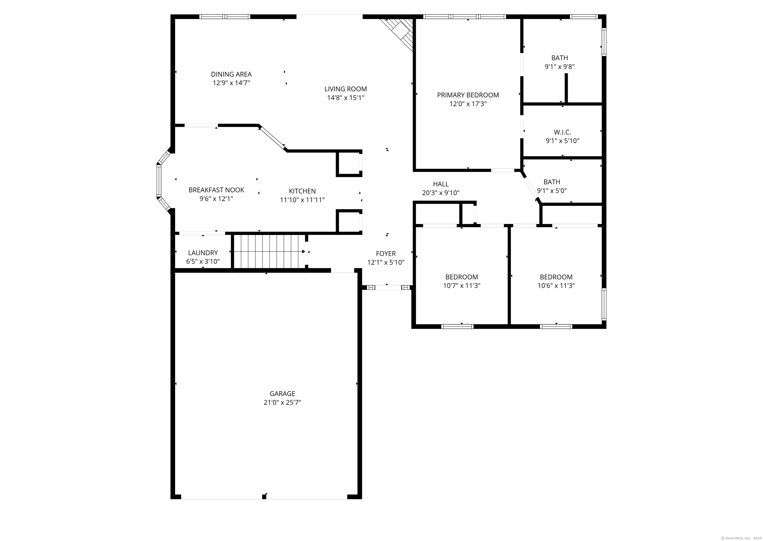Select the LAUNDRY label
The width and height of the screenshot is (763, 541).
[x=203, y=253]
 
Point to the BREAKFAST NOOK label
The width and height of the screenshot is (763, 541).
[x=216, y=190]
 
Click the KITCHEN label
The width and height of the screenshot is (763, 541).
[x=302, y=191]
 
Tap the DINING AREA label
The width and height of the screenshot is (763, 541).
[x=231, y=74]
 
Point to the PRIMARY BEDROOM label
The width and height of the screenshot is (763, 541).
[x=468, y=95]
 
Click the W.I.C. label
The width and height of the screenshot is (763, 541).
[x=562, y=132]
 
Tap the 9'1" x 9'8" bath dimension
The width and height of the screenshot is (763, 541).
[x=559, y=67]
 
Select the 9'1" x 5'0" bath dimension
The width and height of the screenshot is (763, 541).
[x=552, y=191]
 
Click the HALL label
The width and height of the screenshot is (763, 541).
[x=440, y=184]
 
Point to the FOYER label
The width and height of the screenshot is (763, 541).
[x=386, y=254]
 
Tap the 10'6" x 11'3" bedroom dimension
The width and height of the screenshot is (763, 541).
[x=556, y=285]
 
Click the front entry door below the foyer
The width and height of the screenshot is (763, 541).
[x=388, y=287]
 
